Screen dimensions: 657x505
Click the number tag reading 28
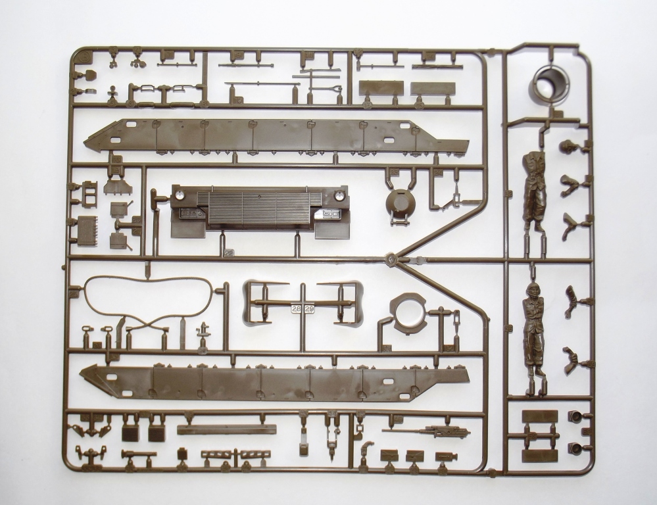pyautogui.click(x=296, y=308)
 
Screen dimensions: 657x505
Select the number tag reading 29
pyautogui.click(x=310, y=308)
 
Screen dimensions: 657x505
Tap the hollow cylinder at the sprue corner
pyautogui.click(x=551, y=84)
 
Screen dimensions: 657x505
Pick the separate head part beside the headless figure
pyautogui.click(x=567, y=146)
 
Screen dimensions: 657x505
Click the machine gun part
pyautogui.click(x=427, y=431)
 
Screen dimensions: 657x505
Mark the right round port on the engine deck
pyautogui.click(x=339, y=195)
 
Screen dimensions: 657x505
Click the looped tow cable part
pyautogui.click(x=149, y=301)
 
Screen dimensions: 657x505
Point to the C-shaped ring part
pyautogui.click(x=408, y=312)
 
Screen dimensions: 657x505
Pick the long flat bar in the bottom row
pyautogui.click(x=226, y=429)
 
